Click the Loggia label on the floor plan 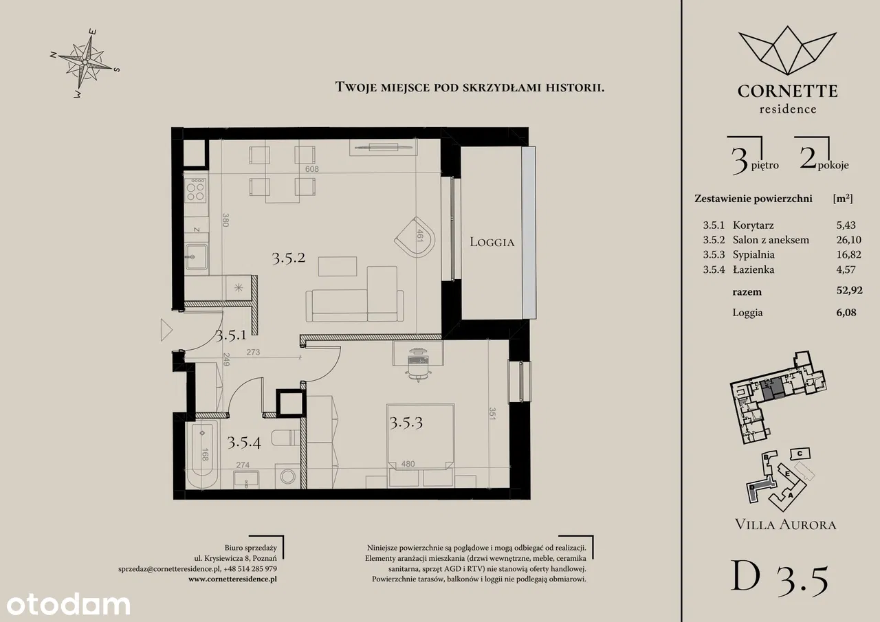pyautogui.click(x=492, y=242)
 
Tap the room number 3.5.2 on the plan pyautogui.click(x=289, y=258)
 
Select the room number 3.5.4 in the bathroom pyautogui.click(x=244, y=443)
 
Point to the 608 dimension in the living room pyautogui.click(x=312, y=169)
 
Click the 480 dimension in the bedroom pyautogui.click(x=408, y=464)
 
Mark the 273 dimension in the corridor pyautogui.click(x=253, y=352)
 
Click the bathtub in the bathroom pyautogui.click(x=202, y=454)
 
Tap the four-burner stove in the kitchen pyautogui.click(x=196, y=190)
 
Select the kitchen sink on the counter pyautogui.click(x=197, y=257)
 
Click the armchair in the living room pyautogui.click(x=416, y=237)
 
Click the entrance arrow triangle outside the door pyautogui.click(x=166, y=330)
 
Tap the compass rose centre pyautogui.click(x=85, y=62)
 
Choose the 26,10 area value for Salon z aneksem pyautogui.click(x=848, y=240)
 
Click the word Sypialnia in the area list pyautogui.click(x=753, y=255)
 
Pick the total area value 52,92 pyautogui.click(x=849, y=290)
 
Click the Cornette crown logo pyautogui.click(x=788, y=50)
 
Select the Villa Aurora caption pyautogui.click(x=786, y=524)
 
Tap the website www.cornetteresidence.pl pyautogui.click(x=232, y=579)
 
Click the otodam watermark pyautogui.click(x=68, y=605)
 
